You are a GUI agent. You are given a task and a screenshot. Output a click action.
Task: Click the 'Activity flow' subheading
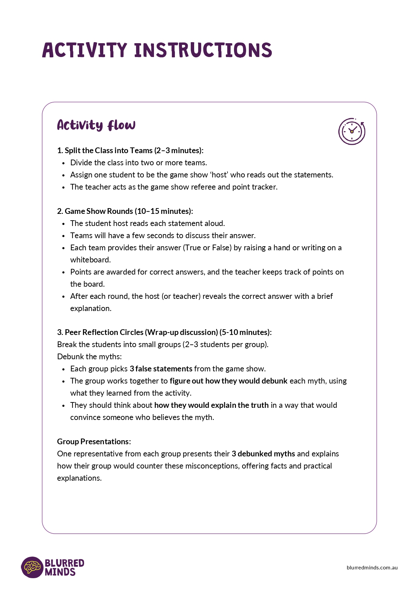(x=96, y=125)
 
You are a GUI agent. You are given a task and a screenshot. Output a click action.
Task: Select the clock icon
(x=352, y=131)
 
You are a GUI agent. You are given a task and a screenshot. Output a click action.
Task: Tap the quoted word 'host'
(x=219, y=175)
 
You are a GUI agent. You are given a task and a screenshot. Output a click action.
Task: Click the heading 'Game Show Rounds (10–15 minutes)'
(x=125, y=211)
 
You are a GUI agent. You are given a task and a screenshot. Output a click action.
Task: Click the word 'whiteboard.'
(x=90, y=260)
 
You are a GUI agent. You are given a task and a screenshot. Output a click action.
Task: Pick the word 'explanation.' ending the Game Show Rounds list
(x=91, y=308)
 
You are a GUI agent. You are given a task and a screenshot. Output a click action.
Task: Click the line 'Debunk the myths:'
(x=89, y=357)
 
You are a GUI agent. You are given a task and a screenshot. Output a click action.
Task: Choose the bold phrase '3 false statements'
(x=161, y=369)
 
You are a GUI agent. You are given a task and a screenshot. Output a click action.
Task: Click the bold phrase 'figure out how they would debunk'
(x=229, y=381)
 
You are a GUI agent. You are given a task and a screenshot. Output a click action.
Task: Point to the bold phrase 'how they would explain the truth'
(x=211, y=405)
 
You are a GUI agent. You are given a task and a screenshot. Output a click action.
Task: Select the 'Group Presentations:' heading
(x=94, y=442)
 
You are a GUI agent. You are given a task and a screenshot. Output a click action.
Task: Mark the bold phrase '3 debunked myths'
(x=263, y=454)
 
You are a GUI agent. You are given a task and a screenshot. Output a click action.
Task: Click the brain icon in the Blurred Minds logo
(x=32, y=567)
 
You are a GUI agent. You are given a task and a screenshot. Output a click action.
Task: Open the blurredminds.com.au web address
(x=372, y=567)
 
